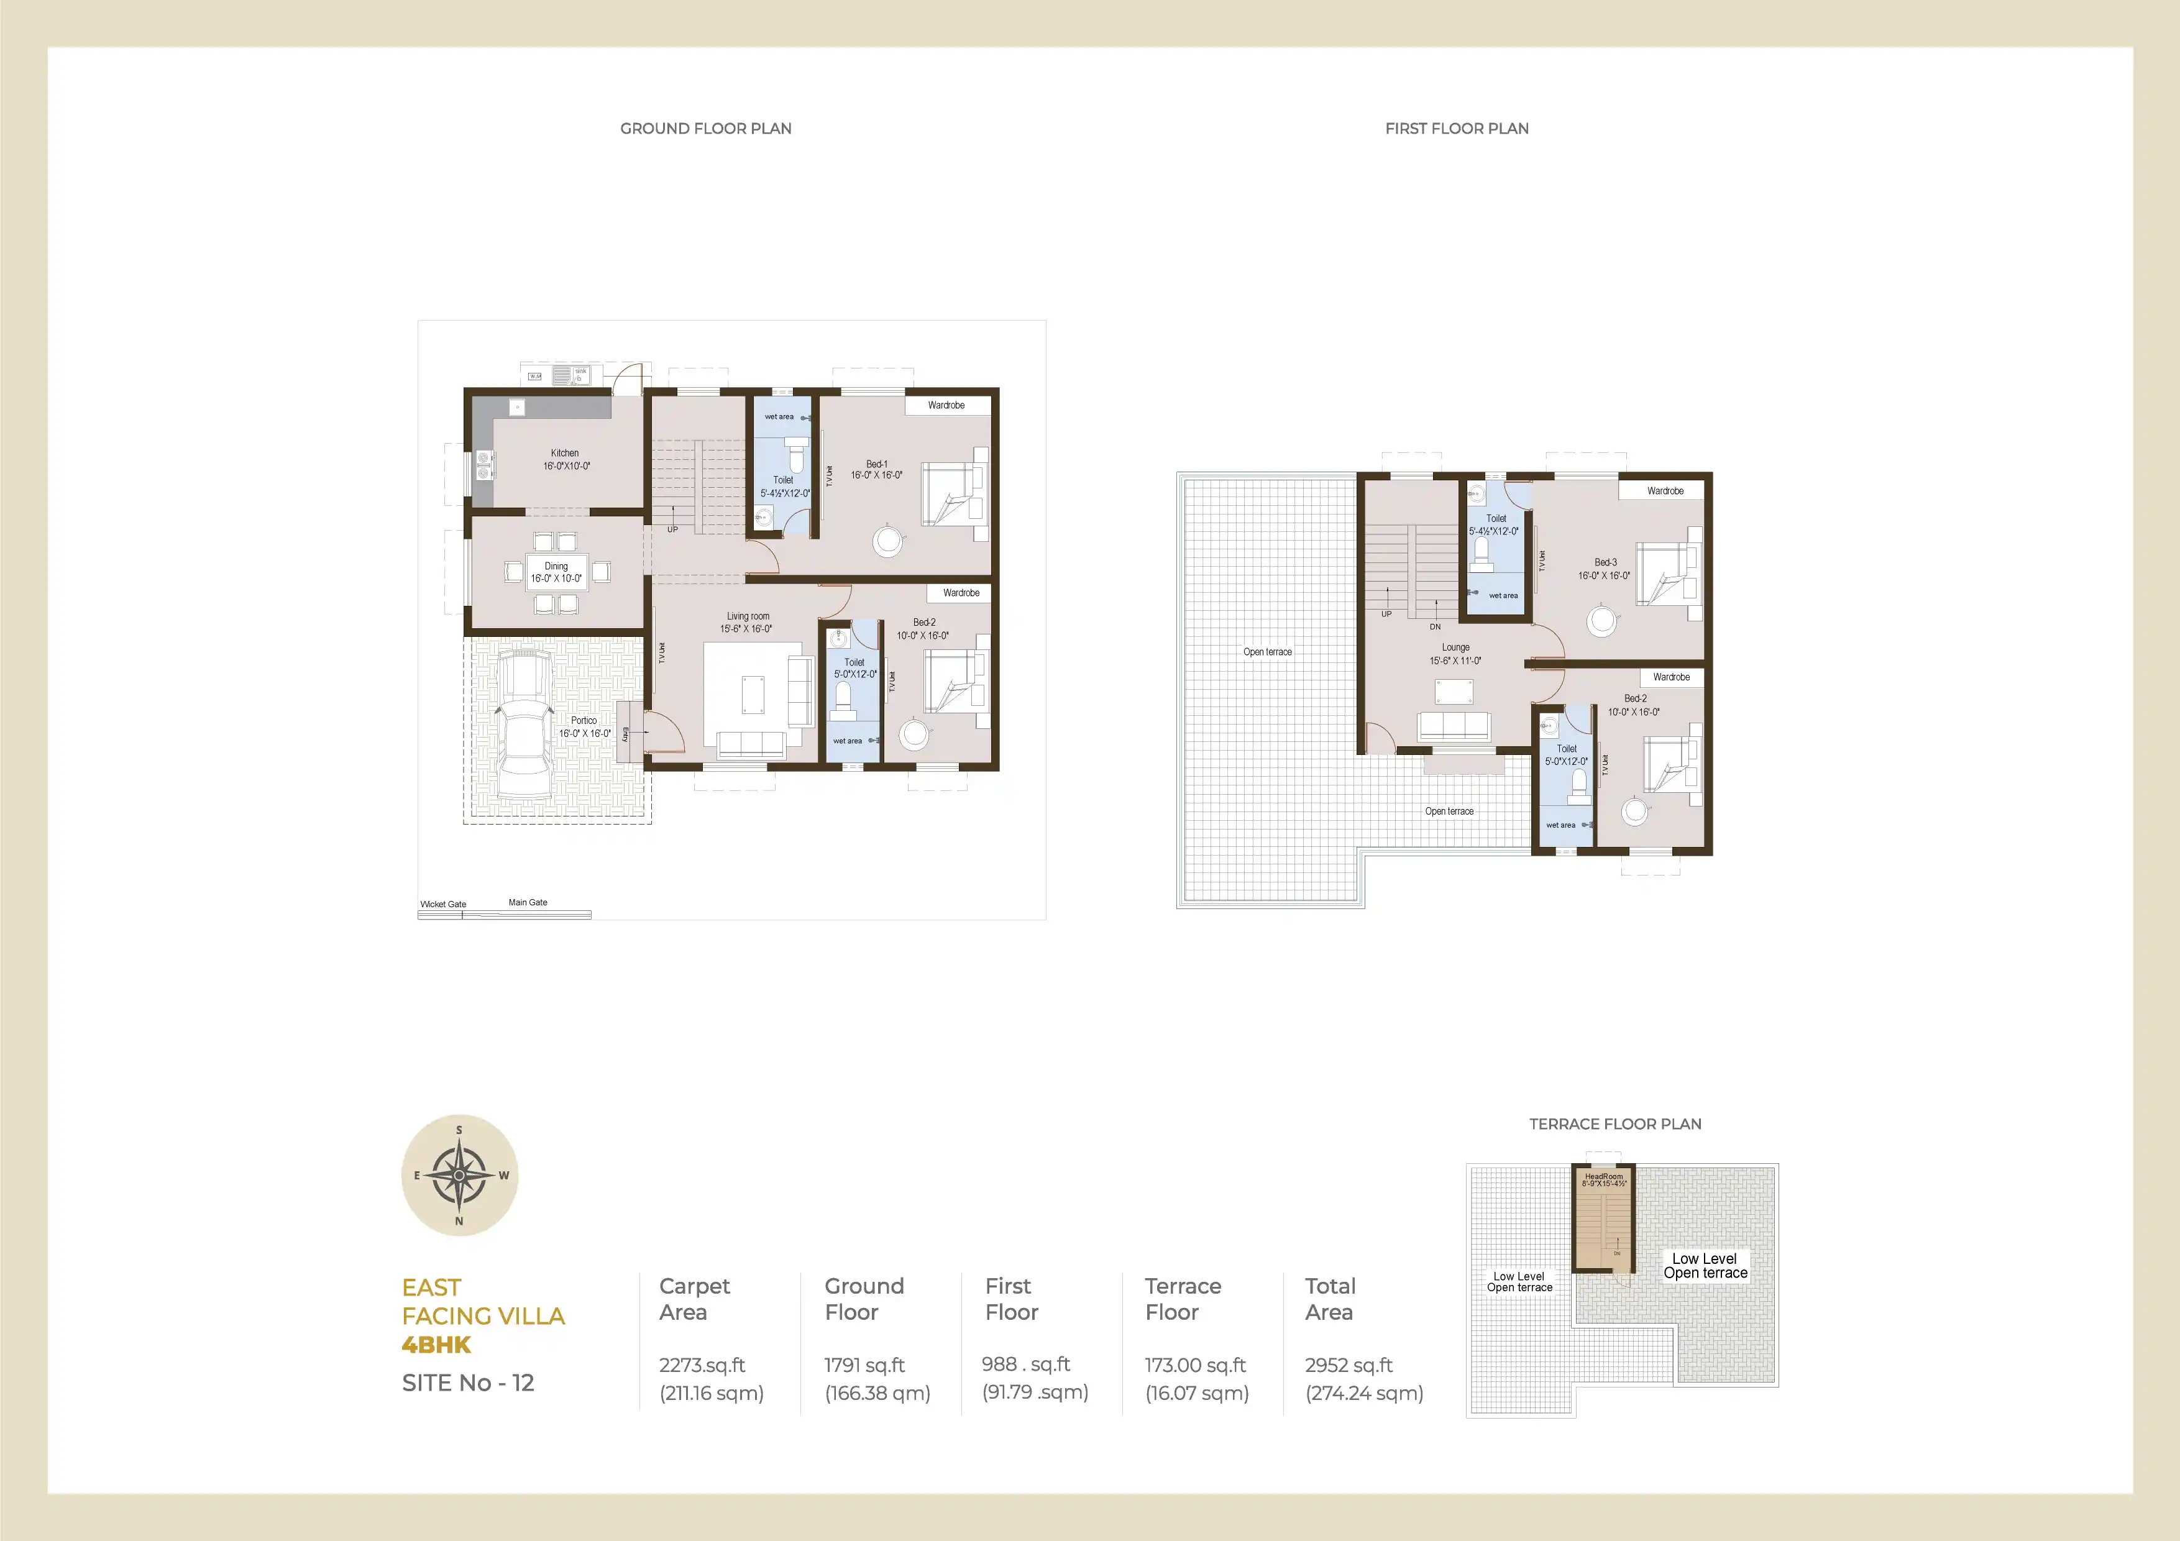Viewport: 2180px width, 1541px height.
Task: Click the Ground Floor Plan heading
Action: click(x=705, y=128)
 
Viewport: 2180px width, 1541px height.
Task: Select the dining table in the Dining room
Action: click(x=556, y=572)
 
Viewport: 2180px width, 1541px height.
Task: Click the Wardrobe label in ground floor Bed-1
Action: click(x=946, y=405)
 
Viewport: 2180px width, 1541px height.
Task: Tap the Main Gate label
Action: click(x=528, y=902)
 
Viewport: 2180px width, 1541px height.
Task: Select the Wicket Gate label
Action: click(x=442, y=904)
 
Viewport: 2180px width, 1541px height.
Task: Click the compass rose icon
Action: click(x=459, y=1174)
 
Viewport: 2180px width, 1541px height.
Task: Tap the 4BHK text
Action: click(x=437, y=1345)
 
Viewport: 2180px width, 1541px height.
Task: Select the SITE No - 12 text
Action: click(x=468, y=1383)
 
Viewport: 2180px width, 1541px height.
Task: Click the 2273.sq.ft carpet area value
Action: click(x=703, y=1365)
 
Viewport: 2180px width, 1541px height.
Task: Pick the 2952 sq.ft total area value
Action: click(x=1349, y=1365)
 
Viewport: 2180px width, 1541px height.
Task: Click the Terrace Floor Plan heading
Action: click(x=1615, y=1124)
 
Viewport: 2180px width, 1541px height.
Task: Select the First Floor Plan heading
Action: click(x=1457, y=128)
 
